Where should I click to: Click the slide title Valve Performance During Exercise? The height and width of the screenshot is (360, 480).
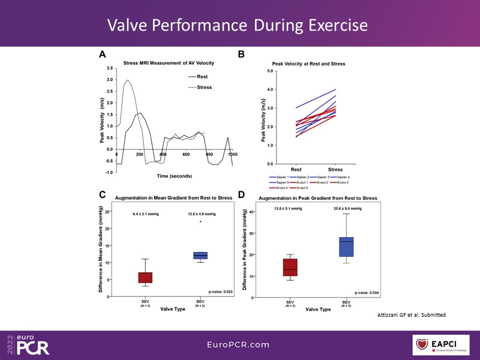pyautogui.click(x=237, y=25)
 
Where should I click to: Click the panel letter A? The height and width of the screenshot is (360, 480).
pyautogui.click(x=103, y=55)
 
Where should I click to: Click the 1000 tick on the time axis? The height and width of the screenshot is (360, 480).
pyautogui.click(x=232, y=155)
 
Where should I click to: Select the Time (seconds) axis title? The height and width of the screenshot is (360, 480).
pyautogui.click(x=173, y=176)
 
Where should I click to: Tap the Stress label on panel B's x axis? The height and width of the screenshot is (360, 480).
pyautogui.click(x=335, y=170)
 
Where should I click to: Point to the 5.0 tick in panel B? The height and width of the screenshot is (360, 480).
pyautogui.click(x=270, y=71)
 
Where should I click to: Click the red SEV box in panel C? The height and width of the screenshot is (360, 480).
pyautogui.click(x=145, y=277)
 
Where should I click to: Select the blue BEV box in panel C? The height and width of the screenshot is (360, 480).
pyautogui.click(x=200, y=256)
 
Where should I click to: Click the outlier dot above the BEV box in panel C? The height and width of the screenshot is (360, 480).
pyautogui.click(x=200, y=221)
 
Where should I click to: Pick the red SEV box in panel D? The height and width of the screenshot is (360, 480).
pyautogui.click(x=290, y=267)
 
